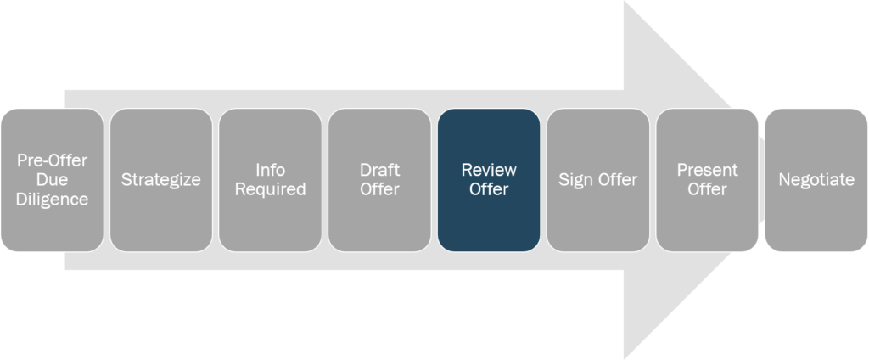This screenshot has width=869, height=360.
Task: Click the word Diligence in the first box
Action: (x=53, y=200)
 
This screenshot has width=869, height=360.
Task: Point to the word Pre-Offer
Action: (x=53, y=160)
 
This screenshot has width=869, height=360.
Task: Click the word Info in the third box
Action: (x=270, y=171)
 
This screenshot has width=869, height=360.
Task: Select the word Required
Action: (x=270, y=190)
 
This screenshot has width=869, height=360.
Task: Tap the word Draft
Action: (x=379, y=171)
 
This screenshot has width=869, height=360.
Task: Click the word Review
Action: (x=488, y=171)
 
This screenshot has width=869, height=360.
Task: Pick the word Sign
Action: (x=575, y=180)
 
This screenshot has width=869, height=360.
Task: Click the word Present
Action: (x=707, y=171)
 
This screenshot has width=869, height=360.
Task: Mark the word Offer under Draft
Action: (x=379, y=190)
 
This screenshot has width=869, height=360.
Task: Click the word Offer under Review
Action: (x=488, y=190)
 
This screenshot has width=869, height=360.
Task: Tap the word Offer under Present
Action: (x=707, y=190)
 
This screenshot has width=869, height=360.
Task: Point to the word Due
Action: (x=53, y=180)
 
